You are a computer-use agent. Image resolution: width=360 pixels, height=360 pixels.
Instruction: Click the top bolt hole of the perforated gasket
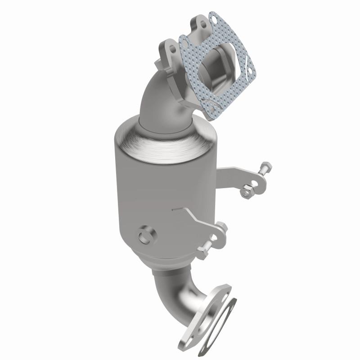point(213,19)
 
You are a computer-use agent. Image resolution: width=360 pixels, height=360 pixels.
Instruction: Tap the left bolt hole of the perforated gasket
point(184,42)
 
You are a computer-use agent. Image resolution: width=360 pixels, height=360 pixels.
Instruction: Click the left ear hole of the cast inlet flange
point(171,45)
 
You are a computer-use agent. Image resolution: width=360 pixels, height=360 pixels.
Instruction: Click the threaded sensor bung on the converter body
point(145,235)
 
